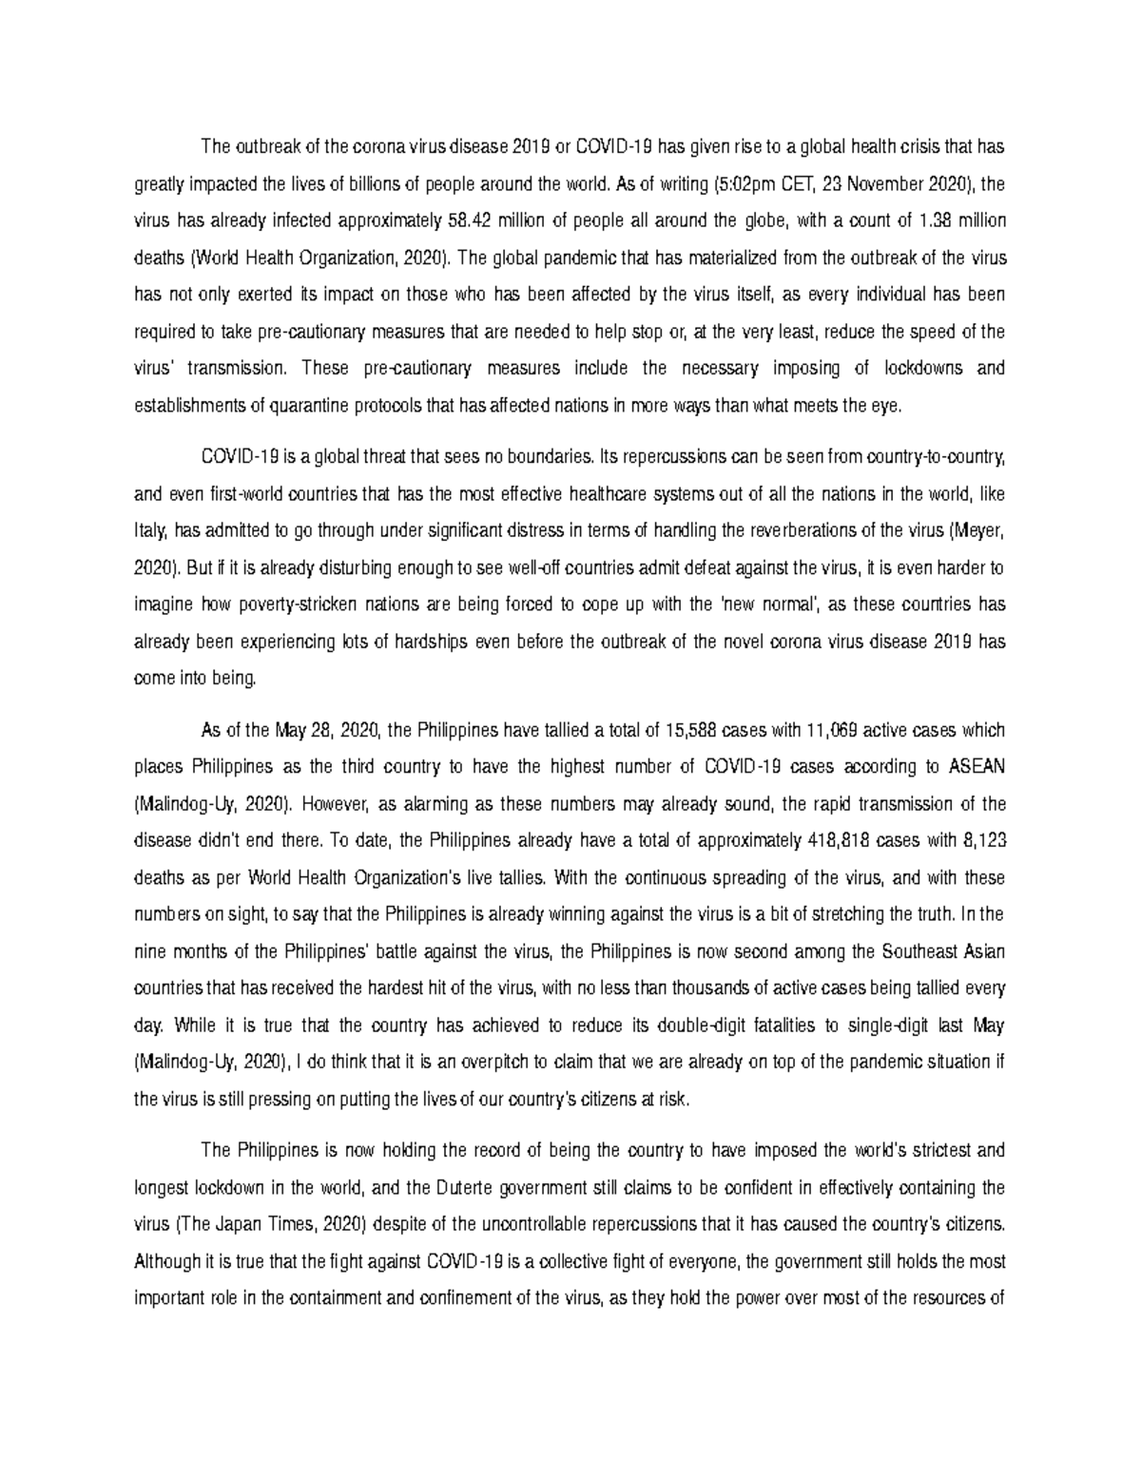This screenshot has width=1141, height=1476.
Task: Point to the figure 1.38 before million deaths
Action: [938, 221]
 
